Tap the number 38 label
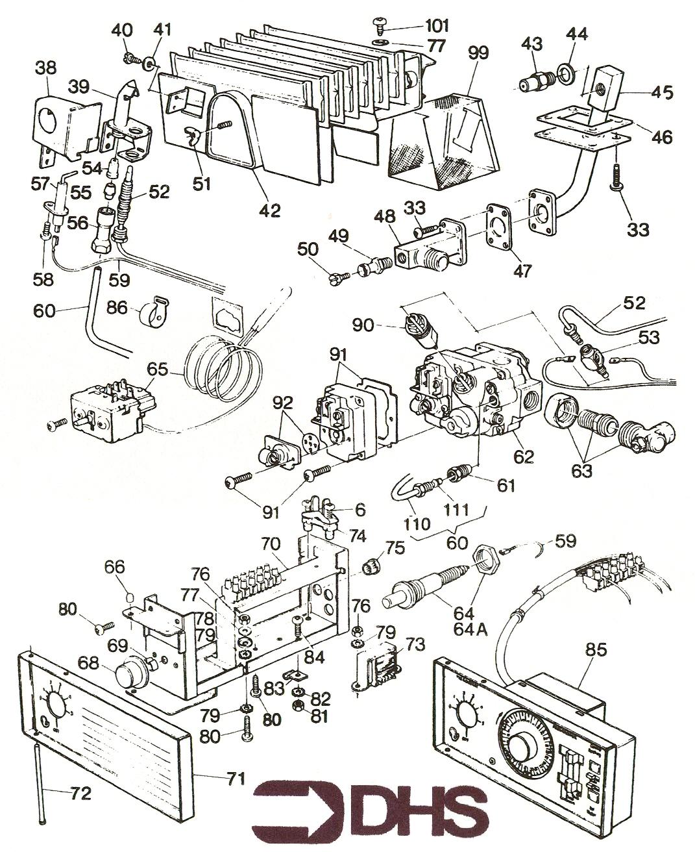[47, 68]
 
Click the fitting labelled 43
[537, 82]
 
